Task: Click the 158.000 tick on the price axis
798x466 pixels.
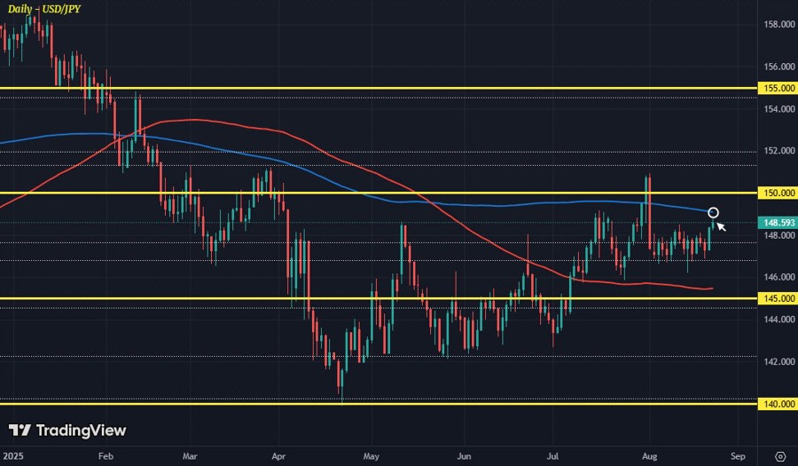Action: coord(779,25)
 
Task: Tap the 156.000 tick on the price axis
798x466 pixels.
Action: coord(779,67)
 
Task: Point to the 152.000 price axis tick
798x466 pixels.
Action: coord(779,151)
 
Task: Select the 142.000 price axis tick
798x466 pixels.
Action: coord(779,361)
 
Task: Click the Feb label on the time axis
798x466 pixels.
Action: coord(105,455)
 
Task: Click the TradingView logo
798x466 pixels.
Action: coord(67,430)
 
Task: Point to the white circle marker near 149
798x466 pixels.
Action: coord(713,213)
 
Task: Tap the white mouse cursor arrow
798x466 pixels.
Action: coord(721,226)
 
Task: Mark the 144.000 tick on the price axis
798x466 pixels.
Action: coord(779,320)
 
